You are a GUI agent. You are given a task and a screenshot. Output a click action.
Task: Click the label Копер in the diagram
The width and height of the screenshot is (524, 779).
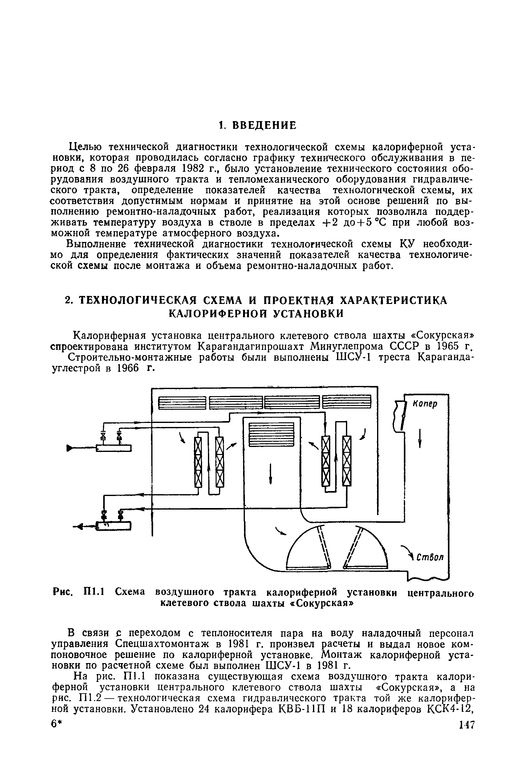coord(425,404)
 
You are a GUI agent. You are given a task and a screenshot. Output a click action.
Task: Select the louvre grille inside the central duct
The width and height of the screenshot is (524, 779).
coord(271,434)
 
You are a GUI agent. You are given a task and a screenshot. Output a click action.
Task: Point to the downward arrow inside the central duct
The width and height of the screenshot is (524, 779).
coord(271,474)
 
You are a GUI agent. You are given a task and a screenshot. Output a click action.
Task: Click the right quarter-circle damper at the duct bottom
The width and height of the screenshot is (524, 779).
coord(366,548)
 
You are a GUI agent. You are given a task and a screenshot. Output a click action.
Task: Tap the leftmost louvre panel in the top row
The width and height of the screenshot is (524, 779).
coord(181,403)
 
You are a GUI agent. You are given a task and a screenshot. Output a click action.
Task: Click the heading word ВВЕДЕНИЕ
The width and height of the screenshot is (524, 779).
coord(264,125)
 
